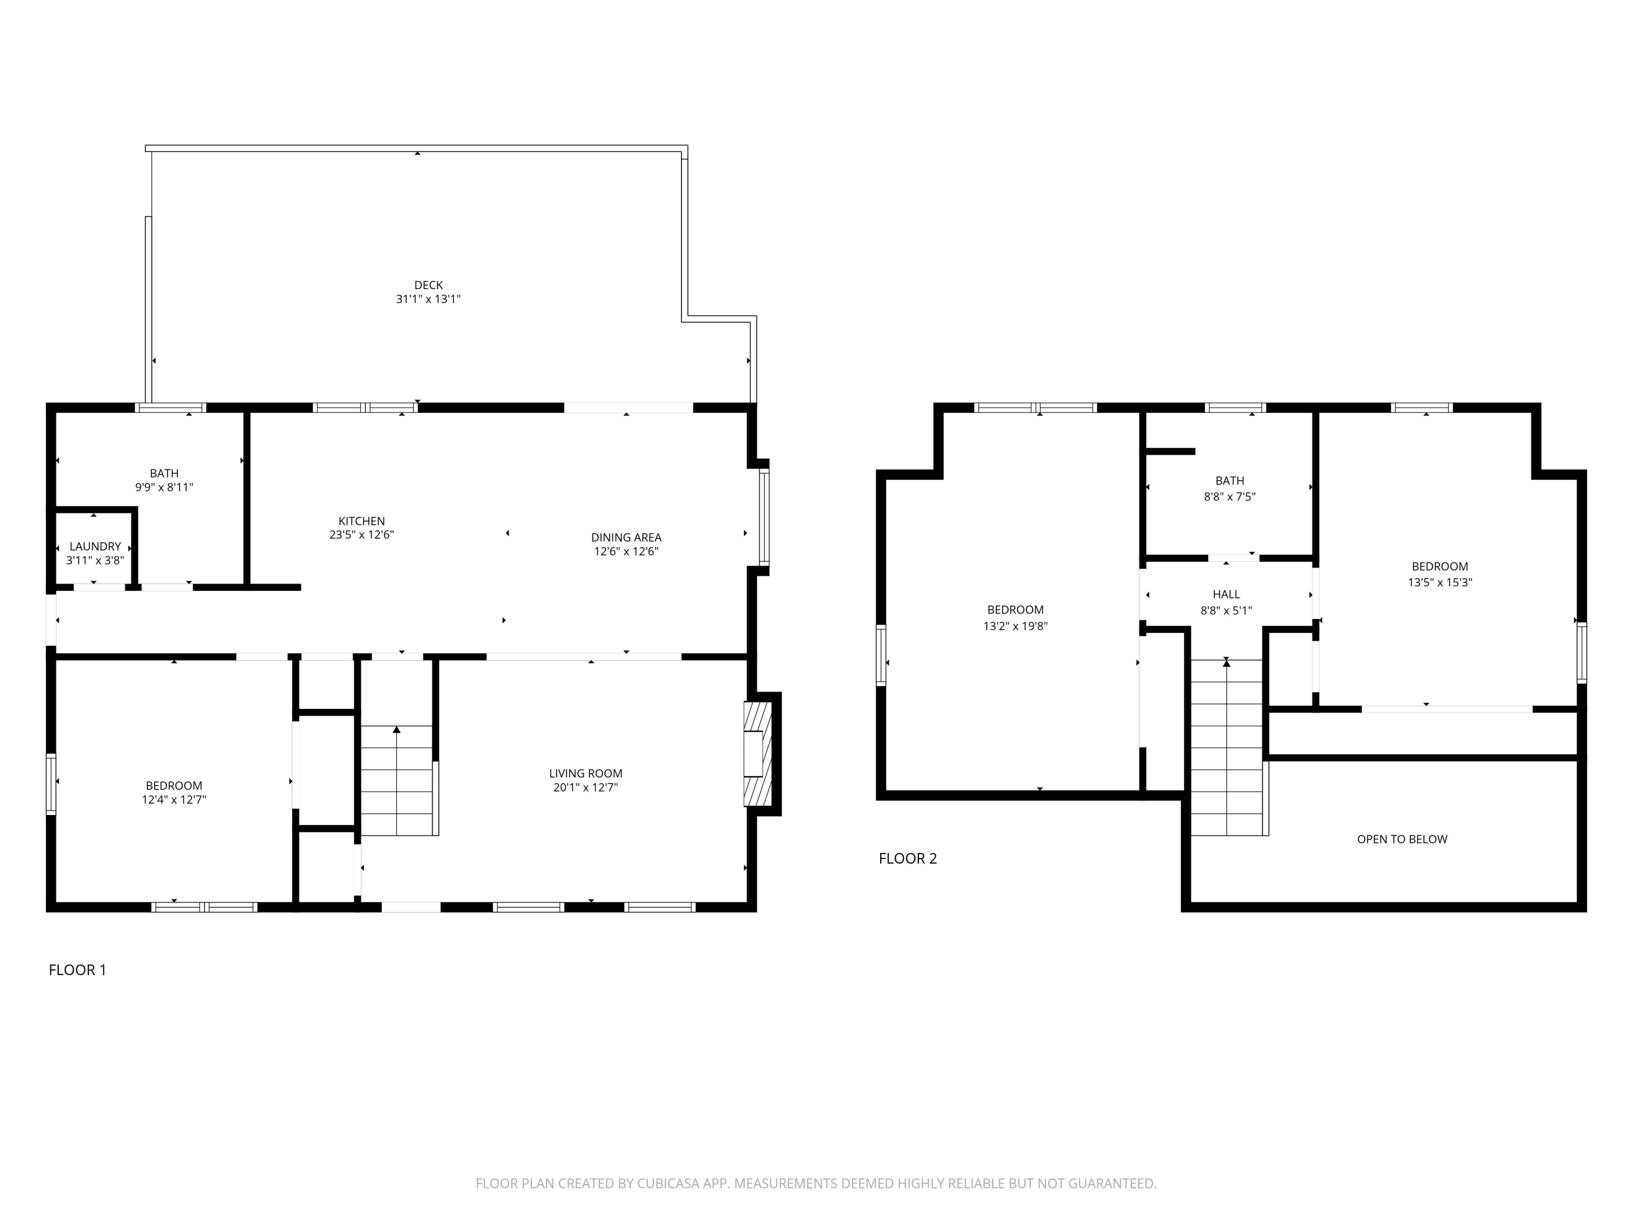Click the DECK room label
(428, 285)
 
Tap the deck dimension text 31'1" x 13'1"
(428, 299)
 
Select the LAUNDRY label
(95, 547)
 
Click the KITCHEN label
(362, 522)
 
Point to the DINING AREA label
(626, 537)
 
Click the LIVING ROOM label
(585, 773)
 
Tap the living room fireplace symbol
(756, 754)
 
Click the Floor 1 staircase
(396, 781)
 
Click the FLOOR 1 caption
(77, 970)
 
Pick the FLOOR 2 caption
(907, 858)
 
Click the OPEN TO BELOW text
(1402, 839)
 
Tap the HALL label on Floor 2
(1226, 595)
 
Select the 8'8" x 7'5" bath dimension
(1229, 497)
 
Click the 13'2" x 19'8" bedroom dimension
(1015, 626)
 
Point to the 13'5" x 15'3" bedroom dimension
(1440, 582)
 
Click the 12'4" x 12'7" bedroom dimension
(174, 800)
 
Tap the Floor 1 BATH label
(164, 473)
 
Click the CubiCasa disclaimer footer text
(816, 1184)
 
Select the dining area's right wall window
(764, 517)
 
